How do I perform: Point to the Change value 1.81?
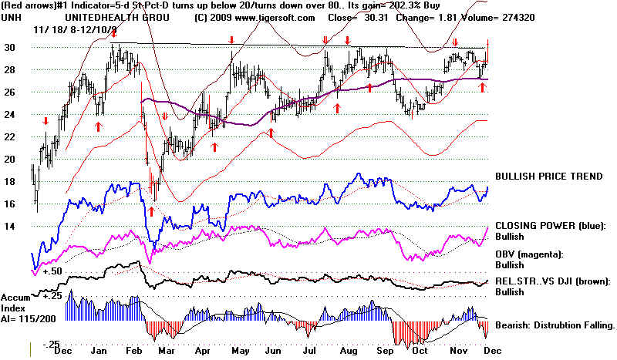tap(480, 15)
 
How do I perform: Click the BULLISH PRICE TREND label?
tap(549, 177)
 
